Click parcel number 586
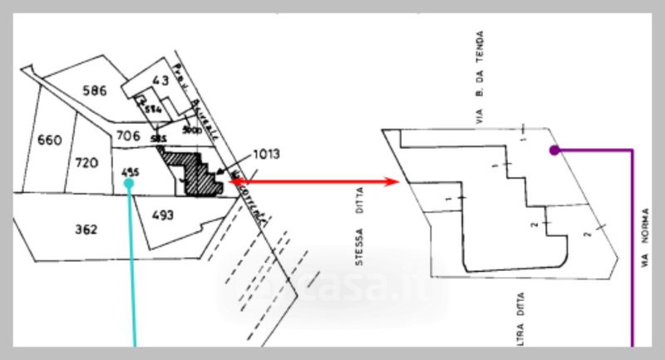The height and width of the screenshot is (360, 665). tap(94, 91)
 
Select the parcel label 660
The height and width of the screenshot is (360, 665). tap(50, 140)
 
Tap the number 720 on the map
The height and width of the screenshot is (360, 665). tap(87, 162)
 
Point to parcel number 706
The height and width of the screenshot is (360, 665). tap(127, 136)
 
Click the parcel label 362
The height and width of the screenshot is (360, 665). tap(86, 229)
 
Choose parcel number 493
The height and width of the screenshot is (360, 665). tap(162, 215)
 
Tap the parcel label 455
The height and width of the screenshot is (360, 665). tap(129, 172)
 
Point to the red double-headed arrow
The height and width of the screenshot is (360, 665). tap(316, 181)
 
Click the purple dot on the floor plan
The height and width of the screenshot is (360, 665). tap(554, 150)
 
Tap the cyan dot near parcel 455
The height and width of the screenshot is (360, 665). tap(129, 186)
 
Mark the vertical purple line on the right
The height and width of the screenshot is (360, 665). tap(633, 249)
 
